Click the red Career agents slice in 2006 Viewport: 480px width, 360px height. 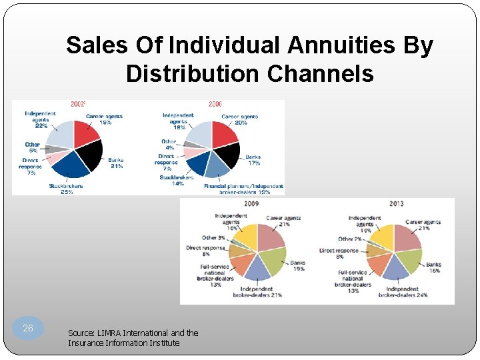[x=223, y=134]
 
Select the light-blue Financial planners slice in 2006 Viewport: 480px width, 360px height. [x=217, y=167]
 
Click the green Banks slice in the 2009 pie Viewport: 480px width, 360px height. [x=271, y=259]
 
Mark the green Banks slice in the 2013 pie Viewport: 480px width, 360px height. [x=409, y=259]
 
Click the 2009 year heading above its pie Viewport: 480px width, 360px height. [x=251, y=203]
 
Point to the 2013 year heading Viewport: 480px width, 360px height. [x=396, y=203]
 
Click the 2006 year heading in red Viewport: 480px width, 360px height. [x=215, y=105]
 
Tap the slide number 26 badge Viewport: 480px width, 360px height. [x=28, y=328]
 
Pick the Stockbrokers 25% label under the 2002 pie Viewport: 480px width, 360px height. [x=65, y=189]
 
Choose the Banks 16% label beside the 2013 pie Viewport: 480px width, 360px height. [x=433, y=267]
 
